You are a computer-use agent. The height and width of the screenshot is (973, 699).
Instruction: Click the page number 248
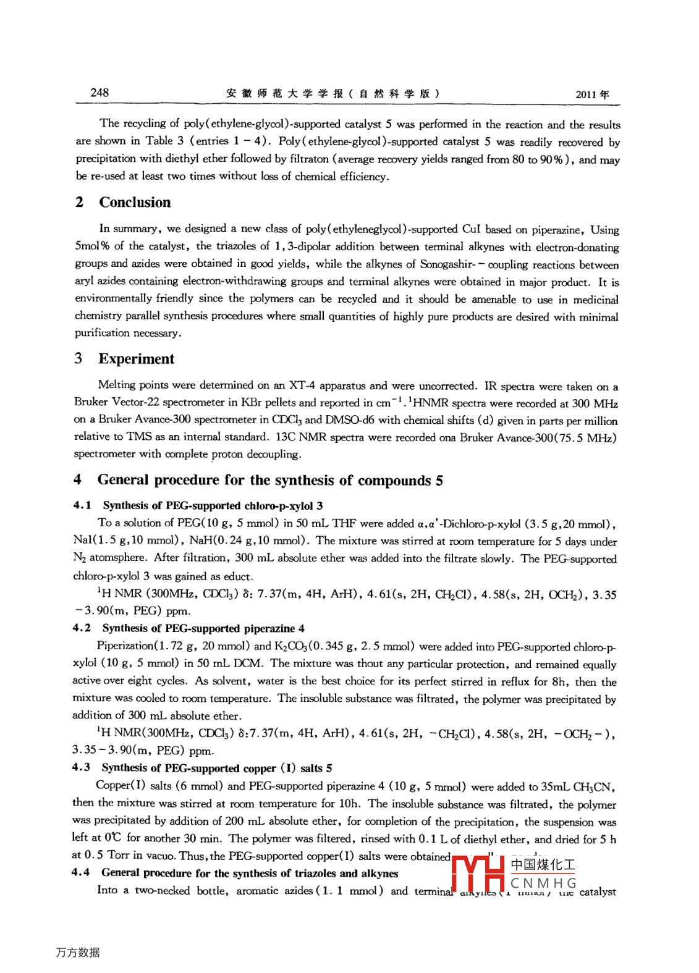tap(100, 93)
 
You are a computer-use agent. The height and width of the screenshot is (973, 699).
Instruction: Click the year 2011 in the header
tap(586, 95)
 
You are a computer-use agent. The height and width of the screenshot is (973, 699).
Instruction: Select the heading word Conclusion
tap(135, 203)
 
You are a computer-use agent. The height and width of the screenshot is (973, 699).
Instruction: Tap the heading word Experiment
tap(136, 359)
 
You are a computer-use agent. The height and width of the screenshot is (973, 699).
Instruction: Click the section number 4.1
tap(82, 505)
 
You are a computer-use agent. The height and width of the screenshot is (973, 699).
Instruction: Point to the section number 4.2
tap(82, 628)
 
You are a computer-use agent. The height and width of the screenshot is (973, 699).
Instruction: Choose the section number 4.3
tap(81, 768)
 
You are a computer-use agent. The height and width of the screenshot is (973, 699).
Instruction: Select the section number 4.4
tap(80, 873)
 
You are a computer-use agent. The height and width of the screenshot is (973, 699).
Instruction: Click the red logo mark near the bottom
tap(478, 873)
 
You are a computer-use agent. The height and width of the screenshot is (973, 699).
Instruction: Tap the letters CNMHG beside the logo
tap(543, 883)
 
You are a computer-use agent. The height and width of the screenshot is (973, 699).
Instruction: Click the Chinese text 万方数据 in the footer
tap(78, 953)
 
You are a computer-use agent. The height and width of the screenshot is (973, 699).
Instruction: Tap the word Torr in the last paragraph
tap(118, 855)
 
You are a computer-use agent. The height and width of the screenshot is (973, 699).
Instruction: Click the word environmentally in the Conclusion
tap(113, 298)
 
